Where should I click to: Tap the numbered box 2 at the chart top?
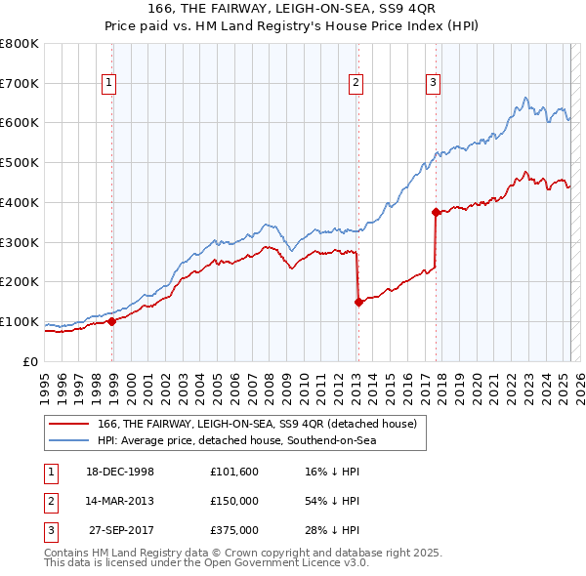point(356,83)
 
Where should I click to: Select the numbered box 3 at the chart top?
point(432,83)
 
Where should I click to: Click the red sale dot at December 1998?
point(111,320)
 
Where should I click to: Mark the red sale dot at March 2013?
point(358,302)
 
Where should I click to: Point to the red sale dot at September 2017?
point(436,211)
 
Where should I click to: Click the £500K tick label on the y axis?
point(20,162)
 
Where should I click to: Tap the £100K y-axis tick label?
point(20,321)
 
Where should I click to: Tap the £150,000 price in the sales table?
point(234,501)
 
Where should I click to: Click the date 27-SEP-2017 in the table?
point(122,530)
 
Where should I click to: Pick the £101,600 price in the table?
point(234,472)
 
